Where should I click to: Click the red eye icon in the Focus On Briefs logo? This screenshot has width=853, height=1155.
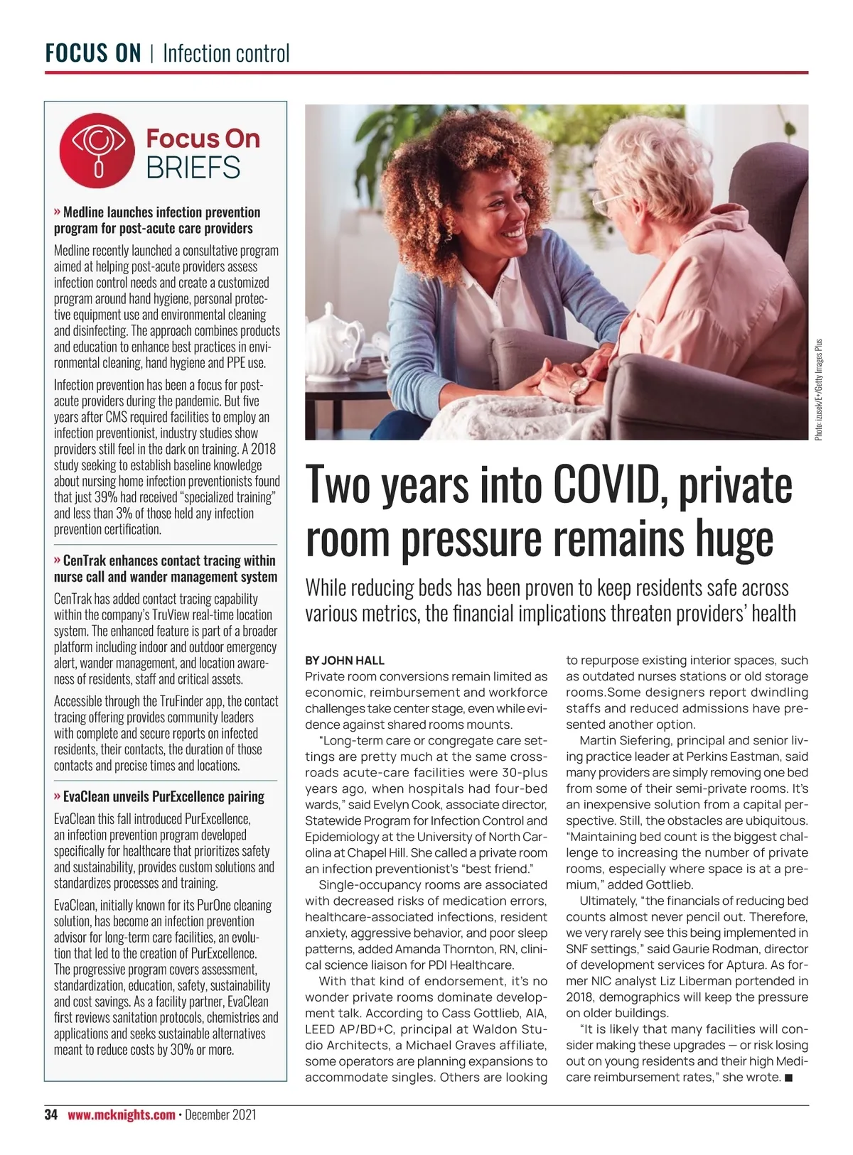(x=97, y=150)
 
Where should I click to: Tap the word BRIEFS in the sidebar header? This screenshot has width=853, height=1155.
(x=193, y=168)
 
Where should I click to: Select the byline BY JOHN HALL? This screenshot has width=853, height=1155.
(x=345, y=660)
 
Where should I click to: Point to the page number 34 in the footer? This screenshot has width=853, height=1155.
(x=50, y=1115)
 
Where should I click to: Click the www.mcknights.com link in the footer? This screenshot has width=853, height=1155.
(x=122, y=1115)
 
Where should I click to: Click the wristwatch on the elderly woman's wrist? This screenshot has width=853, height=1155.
(x=579, y=388)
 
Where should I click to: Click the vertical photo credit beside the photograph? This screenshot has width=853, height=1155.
(x=819, y=389)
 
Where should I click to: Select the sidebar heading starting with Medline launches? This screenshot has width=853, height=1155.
(x=157, y=220)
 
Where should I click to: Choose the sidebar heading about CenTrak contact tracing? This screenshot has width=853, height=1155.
(x=166, y=568)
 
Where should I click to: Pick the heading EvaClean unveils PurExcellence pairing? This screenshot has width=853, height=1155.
(x=160, y=796)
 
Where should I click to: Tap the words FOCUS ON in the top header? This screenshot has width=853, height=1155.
(x=93, y=53)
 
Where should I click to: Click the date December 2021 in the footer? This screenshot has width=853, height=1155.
(x=220, y=1115)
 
